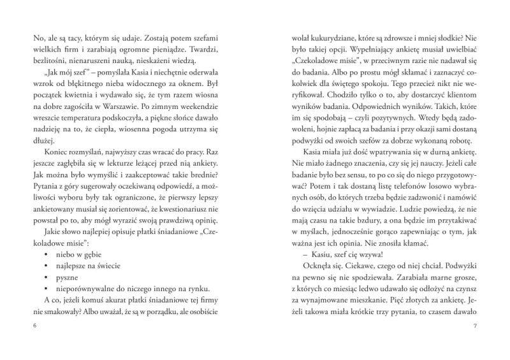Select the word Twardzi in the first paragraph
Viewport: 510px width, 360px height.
199,50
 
